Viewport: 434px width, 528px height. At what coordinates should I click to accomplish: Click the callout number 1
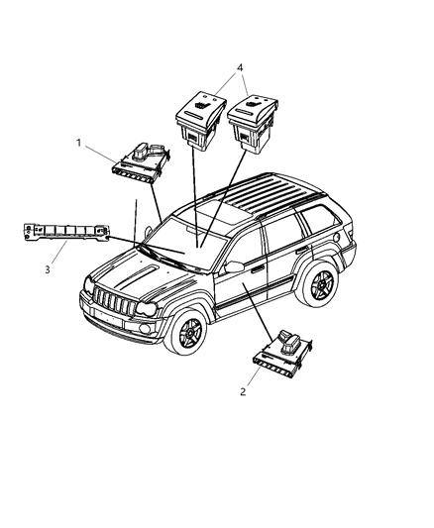[78, 143]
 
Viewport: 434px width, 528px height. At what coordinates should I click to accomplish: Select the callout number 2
[243, 392]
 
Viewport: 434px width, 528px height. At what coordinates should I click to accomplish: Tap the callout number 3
[48, 269]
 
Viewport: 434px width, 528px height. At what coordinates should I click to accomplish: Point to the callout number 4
[240, 67]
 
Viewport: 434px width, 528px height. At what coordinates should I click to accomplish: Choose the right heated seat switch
[253, 123]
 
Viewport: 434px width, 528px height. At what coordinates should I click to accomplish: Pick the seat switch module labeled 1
[141, 163]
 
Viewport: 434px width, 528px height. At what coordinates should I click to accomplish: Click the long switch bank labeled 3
[66, 232]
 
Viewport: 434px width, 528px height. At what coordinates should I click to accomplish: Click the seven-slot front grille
[114, 301]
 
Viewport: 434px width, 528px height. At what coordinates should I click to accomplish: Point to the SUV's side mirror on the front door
[234, 266]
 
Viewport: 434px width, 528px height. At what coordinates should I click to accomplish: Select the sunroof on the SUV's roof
[218, 212]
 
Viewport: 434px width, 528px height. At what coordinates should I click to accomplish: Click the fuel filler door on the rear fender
[335, 237]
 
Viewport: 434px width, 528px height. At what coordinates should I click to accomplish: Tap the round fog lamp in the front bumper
[146, 328]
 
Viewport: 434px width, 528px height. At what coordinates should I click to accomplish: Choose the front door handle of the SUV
[257, 268]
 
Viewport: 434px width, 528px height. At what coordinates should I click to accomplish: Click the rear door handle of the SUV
[301, 250]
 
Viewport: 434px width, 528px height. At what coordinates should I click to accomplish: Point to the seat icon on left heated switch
[202, 105]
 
